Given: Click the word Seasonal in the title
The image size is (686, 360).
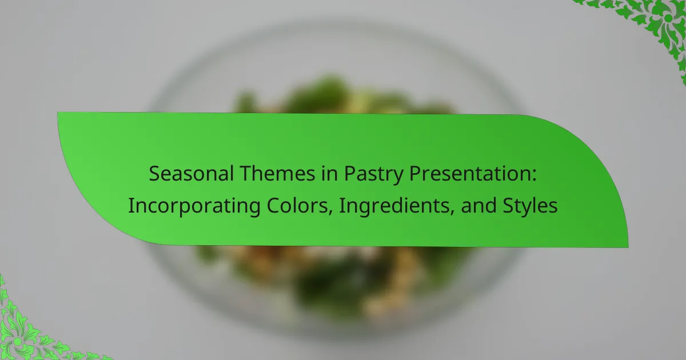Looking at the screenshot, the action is (x=192, y=174).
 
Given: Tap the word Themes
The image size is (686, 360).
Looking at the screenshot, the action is (x=277, y=174).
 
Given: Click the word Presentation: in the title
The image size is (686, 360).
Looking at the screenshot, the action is (x=473, y=174).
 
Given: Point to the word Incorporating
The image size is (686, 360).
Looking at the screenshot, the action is (x=194, y=207).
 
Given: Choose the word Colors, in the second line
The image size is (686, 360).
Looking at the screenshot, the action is (x=300, y=206).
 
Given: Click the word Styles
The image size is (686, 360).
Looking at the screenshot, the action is (x=530, y=206).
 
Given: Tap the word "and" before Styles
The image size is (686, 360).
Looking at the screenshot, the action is (x=478, y=205).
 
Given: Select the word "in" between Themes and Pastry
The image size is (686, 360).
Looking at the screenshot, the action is (x=329, y=174).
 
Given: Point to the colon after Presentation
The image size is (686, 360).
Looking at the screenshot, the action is (x=534, y=176).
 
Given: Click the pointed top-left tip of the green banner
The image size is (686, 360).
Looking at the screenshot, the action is (x=58, y=113).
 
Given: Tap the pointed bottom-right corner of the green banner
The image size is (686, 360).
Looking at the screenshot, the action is (x=628, y=247).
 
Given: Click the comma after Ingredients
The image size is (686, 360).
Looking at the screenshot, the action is (x=452, y=212).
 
